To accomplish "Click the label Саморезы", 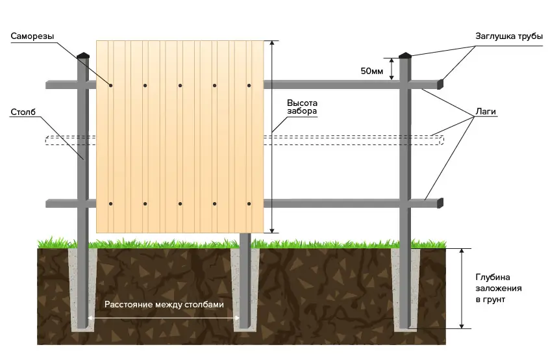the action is pyautogui.click(x=32, y=36).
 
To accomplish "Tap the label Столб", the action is pyautogui.click(x=23, y=112).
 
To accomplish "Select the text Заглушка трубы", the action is pyautogui.click(x=509, y=36).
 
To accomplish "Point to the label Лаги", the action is pyautogui.click(x=486, y=112).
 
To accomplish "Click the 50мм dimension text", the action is pyautogui.click(x=372, y=71).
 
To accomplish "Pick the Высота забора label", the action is pyautogui.click(x=302, y=107).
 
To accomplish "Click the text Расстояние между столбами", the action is pyautogui.click(x=164, y=304).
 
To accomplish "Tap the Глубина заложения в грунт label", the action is pyautogui.click(x=499, y=289).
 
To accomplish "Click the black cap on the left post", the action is pyautogui.click(x=83, y=55).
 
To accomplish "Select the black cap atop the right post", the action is pyautogui.click(x=405, y=55).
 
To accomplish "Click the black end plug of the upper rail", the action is pyautogui.click(x=440, y=84).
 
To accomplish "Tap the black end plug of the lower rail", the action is pyautogui.click(x=440, y=203).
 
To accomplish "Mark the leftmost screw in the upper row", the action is pyautogui.click(x=111, y=85).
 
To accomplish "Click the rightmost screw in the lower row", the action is pyautogui.click(x=249, y=203).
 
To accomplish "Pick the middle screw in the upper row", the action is pyautogui.click(x=180, y=85).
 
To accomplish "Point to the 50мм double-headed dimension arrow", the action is pyautogui.click(x=392, y=69).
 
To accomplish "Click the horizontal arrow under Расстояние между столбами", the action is pyautogui.click(x=164, y=318).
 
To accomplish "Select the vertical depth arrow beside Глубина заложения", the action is pyautogui.click(x=462, y=289).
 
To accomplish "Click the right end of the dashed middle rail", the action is pyautogui.click(x=443, y=140).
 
